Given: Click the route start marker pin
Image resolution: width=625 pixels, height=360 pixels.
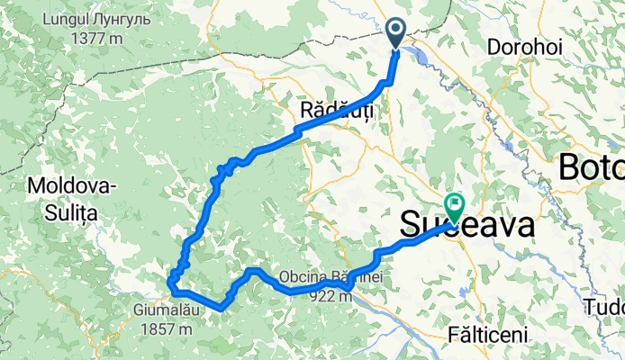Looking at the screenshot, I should point(397,33).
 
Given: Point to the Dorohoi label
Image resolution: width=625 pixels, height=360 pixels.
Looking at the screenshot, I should point(521,45).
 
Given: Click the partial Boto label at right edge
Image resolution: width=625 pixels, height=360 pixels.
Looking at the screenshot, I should point(591,166).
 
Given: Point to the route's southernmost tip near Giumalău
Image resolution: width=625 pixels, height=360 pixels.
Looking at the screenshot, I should point(221,308).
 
